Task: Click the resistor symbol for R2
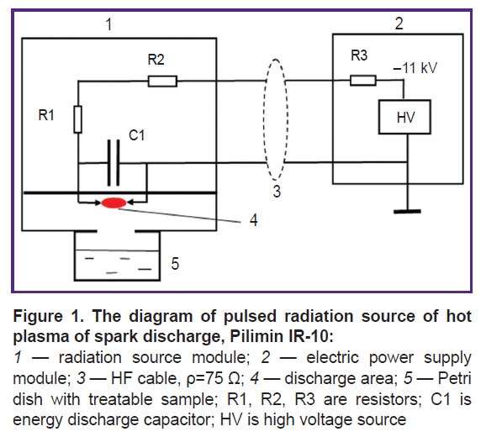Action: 162,82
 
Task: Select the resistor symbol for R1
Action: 78,119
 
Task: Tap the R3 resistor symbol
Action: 363,81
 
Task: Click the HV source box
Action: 404,117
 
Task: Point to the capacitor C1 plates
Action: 114,162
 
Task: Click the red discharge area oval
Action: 114,203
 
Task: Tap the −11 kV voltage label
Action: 415,68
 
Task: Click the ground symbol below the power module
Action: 407,211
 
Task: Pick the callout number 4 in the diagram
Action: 254,220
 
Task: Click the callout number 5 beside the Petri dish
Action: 175,263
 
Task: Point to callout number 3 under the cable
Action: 277,191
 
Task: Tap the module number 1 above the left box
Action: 108,24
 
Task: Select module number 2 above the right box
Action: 399,24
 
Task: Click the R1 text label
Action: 46,115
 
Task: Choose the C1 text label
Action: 136,135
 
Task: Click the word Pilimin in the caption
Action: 256,336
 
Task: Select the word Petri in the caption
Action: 454,378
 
